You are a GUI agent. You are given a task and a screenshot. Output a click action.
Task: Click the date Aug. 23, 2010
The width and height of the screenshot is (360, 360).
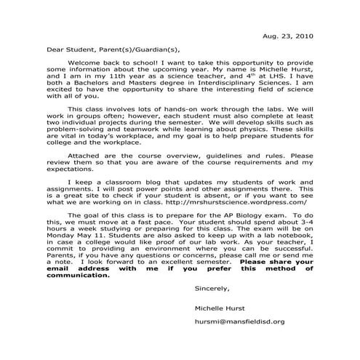point(289,36)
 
